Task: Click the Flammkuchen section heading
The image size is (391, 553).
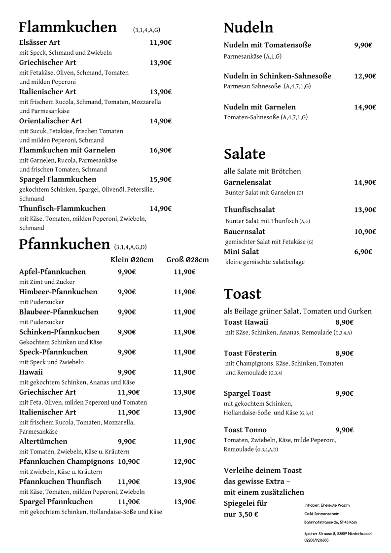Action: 68,27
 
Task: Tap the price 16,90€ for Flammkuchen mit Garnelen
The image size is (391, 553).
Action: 161,150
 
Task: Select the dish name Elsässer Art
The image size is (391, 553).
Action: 39,43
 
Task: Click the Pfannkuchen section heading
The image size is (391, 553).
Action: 64,244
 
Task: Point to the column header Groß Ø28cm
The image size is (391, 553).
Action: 187,260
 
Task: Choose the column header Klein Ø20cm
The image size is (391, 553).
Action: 132,260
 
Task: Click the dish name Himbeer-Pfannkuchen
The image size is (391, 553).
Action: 58,292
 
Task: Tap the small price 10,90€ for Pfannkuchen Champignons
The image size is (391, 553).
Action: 129,462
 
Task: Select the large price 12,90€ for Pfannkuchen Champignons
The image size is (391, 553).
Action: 184,462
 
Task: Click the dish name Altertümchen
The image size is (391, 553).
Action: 43,442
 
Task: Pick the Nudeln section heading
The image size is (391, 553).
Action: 249,28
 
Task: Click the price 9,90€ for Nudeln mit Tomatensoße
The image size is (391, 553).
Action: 363,45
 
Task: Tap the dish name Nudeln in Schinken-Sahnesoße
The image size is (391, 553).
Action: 278,76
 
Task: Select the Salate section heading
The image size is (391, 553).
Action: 245,154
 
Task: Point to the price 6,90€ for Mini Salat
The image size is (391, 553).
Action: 363,252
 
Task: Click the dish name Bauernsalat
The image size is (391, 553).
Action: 245,232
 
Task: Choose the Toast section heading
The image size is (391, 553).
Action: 243,294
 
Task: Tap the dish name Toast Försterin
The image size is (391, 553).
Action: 250,353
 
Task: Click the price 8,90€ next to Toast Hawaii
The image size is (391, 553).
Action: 345,322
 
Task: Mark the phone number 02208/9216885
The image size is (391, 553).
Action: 317,540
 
